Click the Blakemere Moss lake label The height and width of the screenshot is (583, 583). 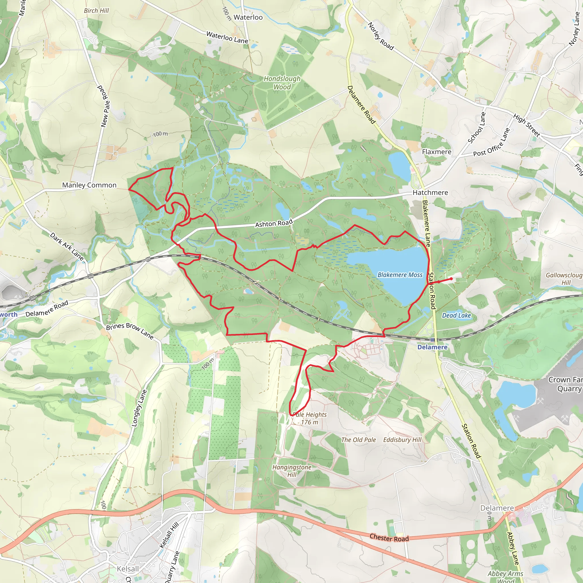pos(400,275)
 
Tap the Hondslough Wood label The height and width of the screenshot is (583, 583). pos(282,83)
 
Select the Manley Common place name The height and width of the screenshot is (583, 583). pos(89,185)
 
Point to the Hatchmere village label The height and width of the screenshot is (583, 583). pos(430,192)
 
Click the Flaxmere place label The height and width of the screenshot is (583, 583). pos(436,152)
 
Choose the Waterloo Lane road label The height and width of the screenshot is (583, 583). pos(227,37)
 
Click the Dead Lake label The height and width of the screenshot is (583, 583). pos(456,315)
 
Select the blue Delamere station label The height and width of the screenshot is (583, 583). pos(432,347)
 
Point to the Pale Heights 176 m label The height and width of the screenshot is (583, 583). pos(310,418)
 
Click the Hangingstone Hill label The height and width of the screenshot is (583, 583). pos(291,471)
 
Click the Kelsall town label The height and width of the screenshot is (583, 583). pos(128,569)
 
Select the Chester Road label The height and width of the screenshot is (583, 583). pos(389,538)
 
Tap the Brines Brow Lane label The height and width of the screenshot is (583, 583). pos(130,331)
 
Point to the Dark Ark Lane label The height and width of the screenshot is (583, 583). pos(67,246)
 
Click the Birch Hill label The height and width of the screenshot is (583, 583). pos(96,11)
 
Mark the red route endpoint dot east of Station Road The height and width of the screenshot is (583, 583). pos(451,279)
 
